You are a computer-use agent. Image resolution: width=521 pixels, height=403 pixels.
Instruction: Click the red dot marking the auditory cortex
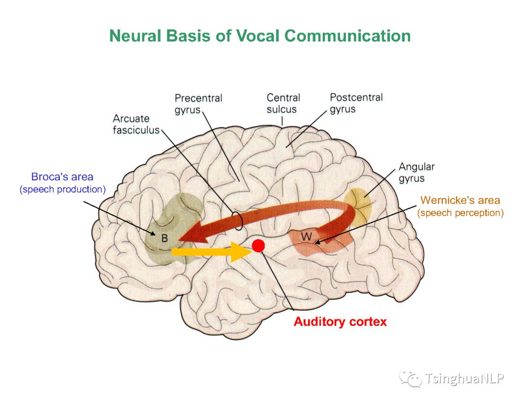click(x=259, y=246)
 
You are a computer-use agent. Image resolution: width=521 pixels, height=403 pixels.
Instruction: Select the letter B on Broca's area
click(x=165, y=238)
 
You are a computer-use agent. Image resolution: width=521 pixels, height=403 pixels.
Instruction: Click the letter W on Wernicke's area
click(x=306, y=237)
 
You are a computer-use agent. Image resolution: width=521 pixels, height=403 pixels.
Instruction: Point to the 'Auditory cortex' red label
click(x=340, y=321)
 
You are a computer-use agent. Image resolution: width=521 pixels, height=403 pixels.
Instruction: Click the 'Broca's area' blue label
click(x=62, y=177)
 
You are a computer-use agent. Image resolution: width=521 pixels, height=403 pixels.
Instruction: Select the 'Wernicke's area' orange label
click(x=460, y=200)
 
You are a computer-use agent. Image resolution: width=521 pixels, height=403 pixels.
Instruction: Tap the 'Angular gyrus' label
click(x=416, y=172)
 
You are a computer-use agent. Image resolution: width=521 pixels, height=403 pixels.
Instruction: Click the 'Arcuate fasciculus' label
click(x=136, y=124)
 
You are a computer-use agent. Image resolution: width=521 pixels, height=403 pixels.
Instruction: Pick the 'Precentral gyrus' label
click(x=198, y=104)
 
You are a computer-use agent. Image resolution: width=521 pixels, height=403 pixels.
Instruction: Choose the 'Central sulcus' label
click(x=283, y=103)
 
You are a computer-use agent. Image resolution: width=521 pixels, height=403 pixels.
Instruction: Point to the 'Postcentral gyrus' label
click(x=356, y=103)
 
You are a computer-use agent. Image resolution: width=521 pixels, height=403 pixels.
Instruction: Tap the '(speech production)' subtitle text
click(x=62, y=190)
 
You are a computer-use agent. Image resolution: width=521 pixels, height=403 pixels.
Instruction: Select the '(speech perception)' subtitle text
click(x=460, y=213)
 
